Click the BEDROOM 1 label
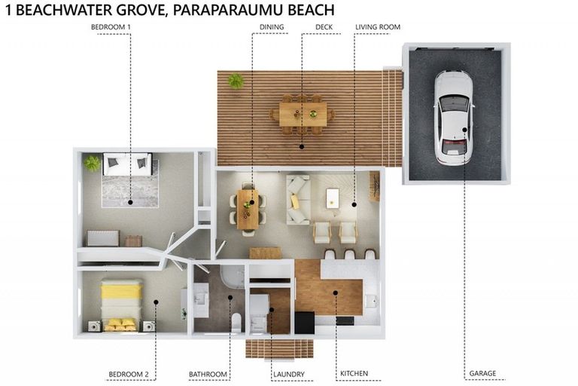coord(111,27)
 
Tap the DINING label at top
coord(272,27)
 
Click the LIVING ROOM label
coord(378,27)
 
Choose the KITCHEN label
coord(353,373)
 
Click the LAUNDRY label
coord(289,374)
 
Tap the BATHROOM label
coord(208,374)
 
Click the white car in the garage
coord(454,118)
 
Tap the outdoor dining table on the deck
coord(303,115)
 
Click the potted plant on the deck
coord(236,81)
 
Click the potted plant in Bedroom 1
coord(93,162)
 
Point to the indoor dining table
coord(247,209)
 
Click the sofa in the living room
coord(297,200)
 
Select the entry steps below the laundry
coord(269,349)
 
